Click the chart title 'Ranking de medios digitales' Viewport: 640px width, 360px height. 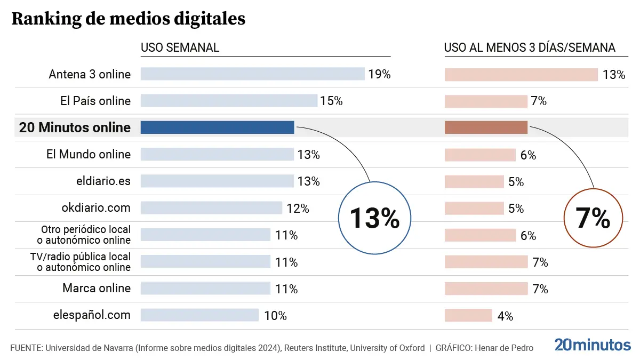[x=128, y=19]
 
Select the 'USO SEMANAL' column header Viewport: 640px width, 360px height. [x=180, y=47]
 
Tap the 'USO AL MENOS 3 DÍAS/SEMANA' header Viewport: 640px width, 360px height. [x=530, y=47]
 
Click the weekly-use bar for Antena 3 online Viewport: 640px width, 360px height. [x=252, y=74]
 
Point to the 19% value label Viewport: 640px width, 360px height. [x=379, y=74]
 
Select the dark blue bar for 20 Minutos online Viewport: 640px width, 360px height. [x=217, y=127]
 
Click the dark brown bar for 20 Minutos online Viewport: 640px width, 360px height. [x=486, y=127]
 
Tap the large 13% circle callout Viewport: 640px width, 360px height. [x=374, y=218]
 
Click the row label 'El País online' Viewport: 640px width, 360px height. [x=95, y=101]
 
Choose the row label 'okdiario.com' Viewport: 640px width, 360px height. [x=96, y=207]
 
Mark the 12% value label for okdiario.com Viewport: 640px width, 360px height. [x=298, y=209]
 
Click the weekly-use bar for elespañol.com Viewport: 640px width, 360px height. [x=199, y=315]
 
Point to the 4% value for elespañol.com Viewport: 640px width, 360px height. [x=505, y=316]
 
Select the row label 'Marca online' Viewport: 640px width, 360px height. [x=97, y=288]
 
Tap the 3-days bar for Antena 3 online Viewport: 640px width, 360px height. [x=521, y=75]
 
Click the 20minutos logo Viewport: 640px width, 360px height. [x=592, y=345]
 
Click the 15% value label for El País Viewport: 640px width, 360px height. [x=331, y=101]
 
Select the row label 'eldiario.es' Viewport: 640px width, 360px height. [x=103, y=181]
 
